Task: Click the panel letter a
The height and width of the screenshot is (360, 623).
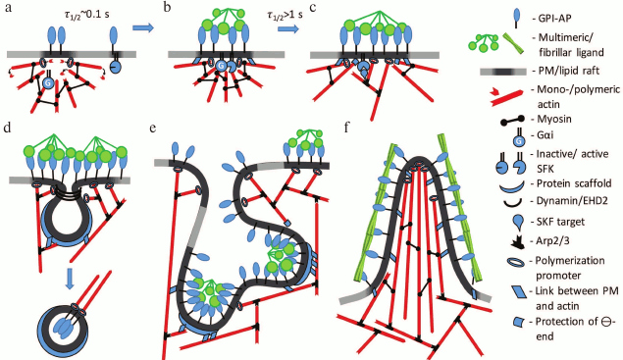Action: [7, 9]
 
